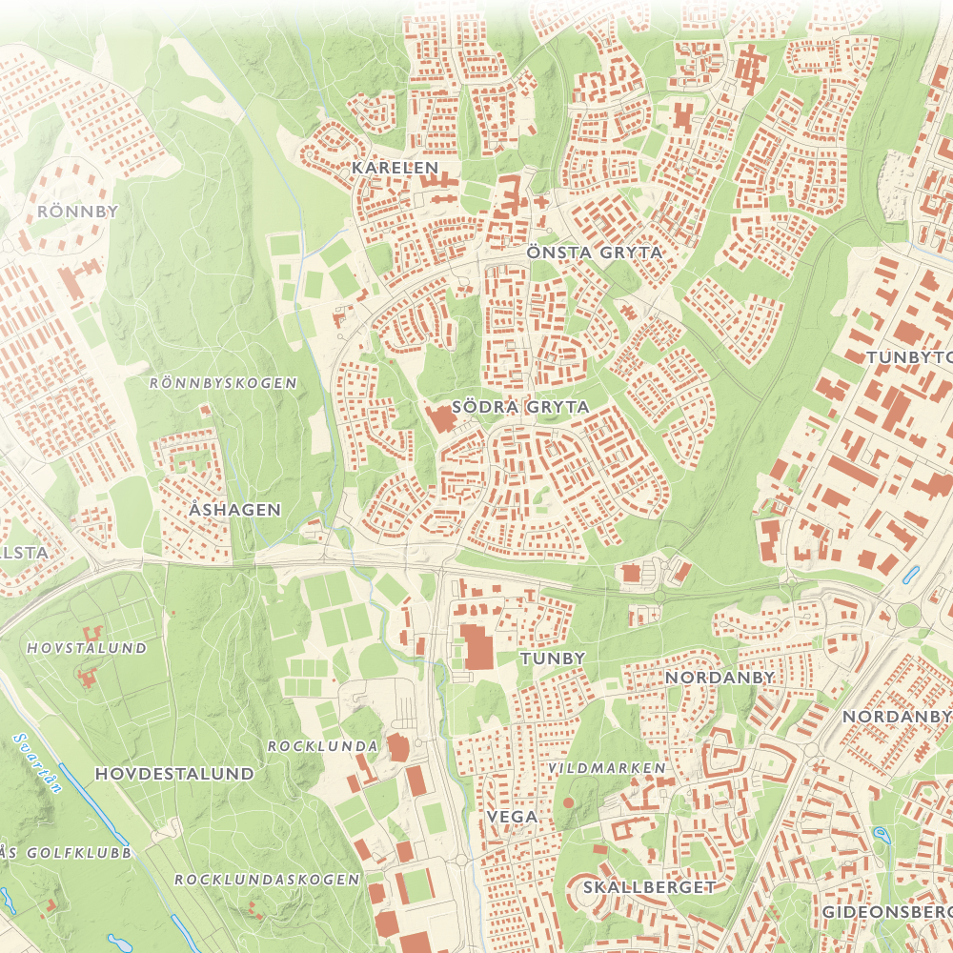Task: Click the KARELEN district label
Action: point(395,168)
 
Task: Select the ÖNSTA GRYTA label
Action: point(594,253)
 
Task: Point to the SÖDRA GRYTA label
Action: point(520,406)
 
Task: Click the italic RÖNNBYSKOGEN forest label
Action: point(224,382)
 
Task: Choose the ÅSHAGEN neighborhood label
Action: point(235,509)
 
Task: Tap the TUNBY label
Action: point(552,658)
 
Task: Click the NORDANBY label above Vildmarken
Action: point(720,677)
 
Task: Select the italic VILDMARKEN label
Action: point(607,767)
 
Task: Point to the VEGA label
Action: point(512,817)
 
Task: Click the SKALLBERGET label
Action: point(648,886)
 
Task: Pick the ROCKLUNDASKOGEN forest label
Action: point(267,879)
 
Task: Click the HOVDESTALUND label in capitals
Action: point(174,773)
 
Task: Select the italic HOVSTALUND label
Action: point(88,648)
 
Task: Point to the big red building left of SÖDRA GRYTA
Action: point(441,418)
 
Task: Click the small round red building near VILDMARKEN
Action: point(569,802)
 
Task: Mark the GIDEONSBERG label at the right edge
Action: point(886,911)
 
